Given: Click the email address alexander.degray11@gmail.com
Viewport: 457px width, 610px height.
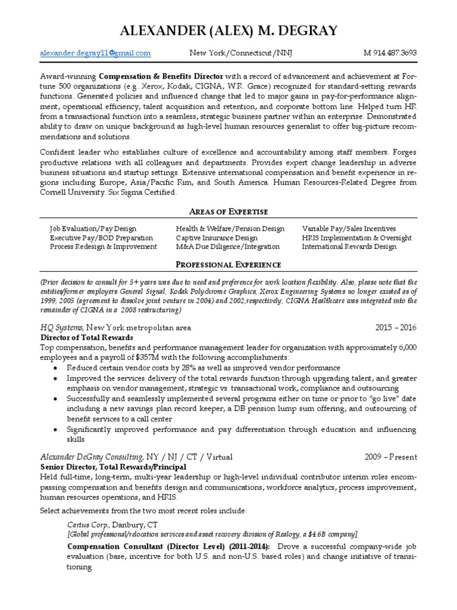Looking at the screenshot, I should coord(95,53).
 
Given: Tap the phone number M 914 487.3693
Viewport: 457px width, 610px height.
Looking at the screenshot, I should coord(390,53).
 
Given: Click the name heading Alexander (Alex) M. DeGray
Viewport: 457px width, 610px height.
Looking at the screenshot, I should coord(228,30).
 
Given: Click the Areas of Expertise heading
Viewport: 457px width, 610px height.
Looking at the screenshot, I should coord(229,211).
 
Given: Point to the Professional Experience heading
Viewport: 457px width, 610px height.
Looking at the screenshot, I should coord(229,264).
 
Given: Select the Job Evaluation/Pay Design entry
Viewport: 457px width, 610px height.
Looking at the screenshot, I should coord(93,229).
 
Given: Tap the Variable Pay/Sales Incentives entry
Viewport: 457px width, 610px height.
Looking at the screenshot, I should coord(349,229).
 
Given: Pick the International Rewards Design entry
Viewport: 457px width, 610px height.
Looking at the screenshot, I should coord(349,247).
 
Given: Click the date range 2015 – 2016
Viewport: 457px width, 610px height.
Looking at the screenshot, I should coord(396,328).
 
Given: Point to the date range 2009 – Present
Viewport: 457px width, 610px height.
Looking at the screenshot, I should coord(390,457).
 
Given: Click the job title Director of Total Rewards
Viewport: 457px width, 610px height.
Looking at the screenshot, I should coord(87,337).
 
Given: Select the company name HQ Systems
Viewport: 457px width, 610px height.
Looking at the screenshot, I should coord(62,328).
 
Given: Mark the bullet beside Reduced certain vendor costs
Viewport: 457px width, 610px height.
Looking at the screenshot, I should coord(55,368).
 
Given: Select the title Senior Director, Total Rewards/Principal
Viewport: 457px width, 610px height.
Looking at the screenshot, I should coord(113,466).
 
